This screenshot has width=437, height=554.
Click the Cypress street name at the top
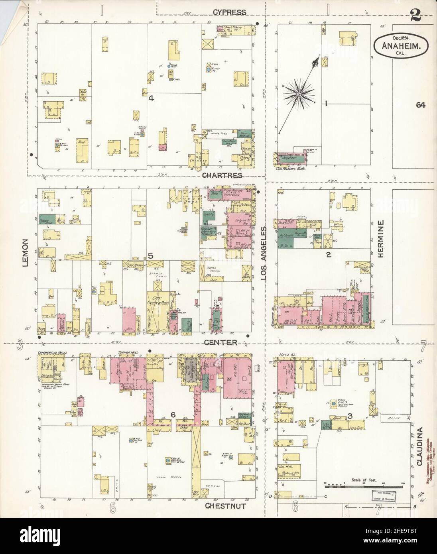[229, 12]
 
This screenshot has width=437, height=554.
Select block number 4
[151, 98]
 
